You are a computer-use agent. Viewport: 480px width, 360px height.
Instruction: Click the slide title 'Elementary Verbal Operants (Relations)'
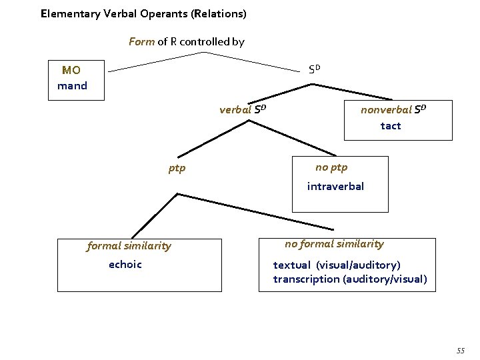[x=143, y=13]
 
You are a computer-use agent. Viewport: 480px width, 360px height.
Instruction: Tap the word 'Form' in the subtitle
[x=141, y=41]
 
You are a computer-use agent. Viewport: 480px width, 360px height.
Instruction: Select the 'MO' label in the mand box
[x=71, y=70]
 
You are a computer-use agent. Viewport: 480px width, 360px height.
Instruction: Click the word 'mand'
[x=72, y=85]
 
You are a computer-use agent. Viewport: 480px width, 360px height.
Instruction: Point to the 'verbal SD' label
[x=243, y=110]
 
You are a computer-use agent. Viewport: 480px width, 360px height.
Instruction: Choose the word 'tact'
[x=391, y=125]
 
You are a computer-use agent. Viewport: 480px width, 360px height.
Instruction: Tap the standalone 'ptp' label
[x=177, y=168]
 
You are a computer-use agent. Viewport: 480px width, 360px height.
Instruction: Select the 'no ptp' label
[x=331, y=167]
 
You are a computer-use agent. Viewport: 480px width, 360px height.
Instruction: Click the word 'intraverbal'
[x=335, y=186]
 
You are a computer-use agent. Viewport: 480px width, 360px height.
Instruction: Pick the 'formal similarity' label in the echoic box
[x=129, y=246]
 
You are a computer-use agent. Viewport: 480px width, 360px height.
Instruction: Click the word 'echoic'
[x=125, y=264]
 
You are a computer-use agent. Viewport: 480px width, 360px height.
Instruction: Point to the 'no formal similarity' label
[x=334, y=244]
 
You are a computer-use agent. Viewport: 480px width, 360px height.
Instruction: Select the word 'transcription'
[x=306, y=279]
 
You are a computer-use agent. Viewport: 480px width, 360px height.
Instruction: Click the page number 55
[x=460, y=351]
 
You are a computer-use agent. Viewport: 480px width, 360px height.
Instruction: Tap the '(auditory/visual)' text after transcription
[x=385, y=279]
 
